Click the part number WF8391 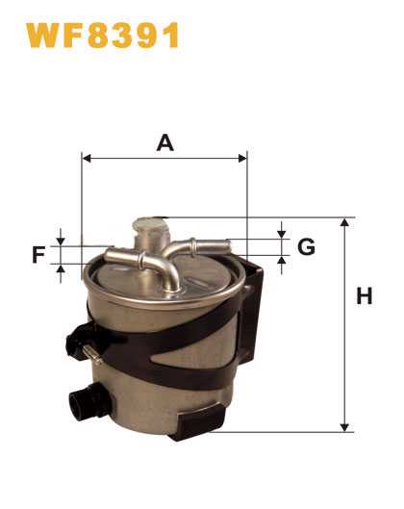[x=103, y=36]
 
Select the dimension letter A [x=165, y=143]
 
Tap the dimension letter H [x=365, y=295]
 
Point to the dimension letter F [x=38, y=254]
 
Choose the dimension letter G [x=306, y=246]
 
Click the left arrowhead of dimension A [x=87, y=159]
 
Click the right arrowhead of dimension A [x=242, y=159]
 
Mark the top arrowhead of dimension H [x=344, y=222]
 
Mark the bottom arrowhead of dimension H [x=344, y=427]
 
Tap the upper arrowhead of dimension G [x=282, y=234]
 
